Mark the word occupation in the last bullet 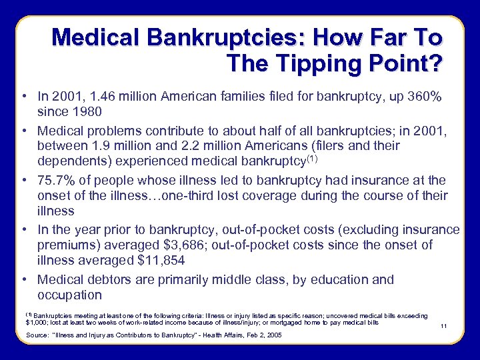(x=70, y=295)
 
